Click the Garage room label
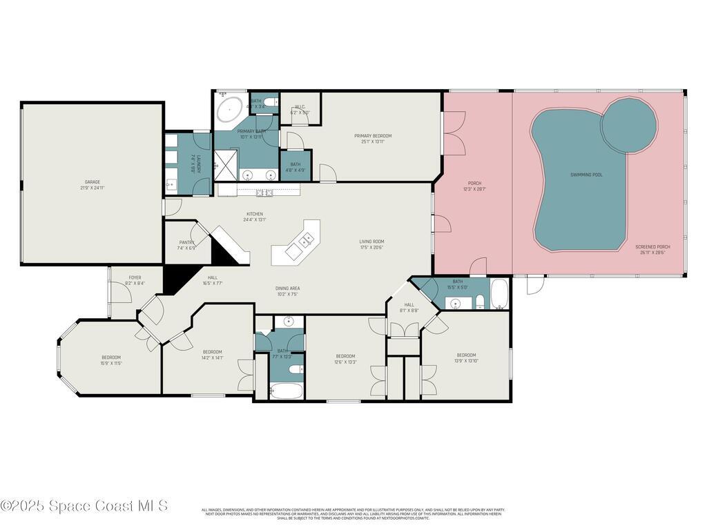[x=93, y=186]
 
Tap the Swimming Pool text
[x=586, y=175]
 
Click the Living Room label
[x=371, y=244]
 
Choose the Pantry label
[x=186, y=245]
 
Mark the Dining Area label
[x=287, y=291]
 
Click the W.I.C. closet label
[x=300, y=109]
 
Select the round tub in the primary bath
[x=229, y=109]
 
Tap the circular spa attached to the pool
[x=628, y=123]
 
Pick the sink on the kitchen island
[x=304, y=242]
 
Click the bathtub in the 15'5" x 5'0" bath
[x=500, y=295]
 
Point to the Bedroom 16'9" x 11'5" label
[x=111, y=360]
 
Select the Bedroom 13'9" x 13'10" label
[x=466, y=358]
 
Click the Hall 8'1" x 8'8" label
[x=409, y=307]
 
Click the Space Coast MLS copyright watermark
[x=84, y=506]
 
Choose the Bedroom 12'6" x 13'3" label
[x=345, y=359]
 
